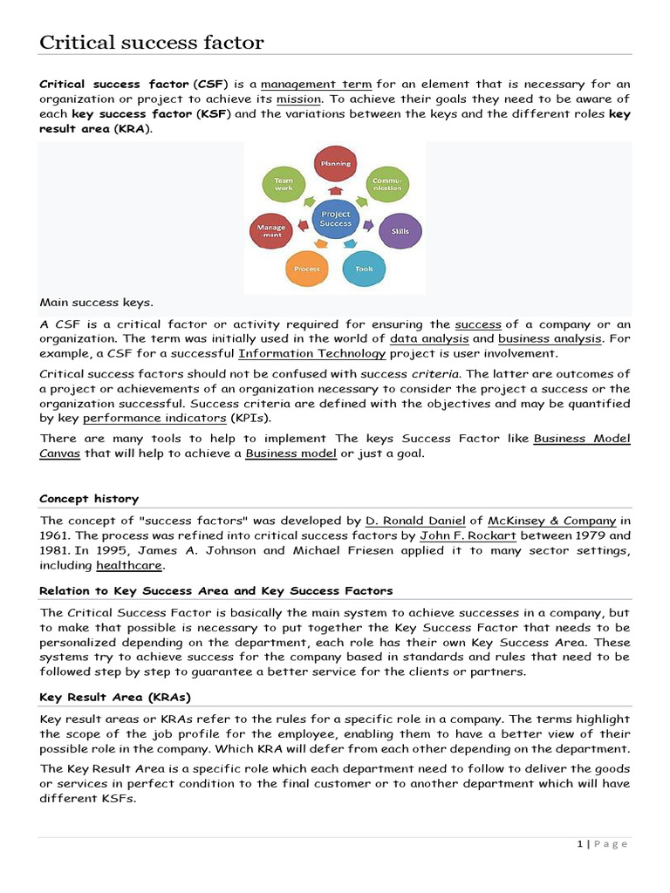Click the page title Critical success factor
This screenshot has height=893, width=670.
pyautogui.click(x=152, y=42)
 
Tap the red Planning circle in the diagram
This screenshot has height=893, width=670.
pyautogui.click(x=335, y=165)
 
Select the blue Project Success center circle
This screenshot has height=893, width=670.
pyautogui.click(x=335, y=218)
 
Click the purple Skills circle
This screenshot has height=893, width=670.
pyautogui.click(x=399, y=231)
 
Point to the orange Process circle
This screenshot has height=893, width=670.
pyautogui.click(x=307, y=269)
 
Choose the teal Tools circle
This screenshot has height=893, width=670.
pyautogui.click(x=364, y=269)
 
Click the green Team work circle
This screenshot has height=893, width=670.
pyautogui.click(x=284, y=184)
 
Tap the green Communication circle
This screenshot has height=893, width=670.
pyautogui.click(x=386, y=184)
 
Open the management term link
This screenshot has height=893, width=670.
pyautogui.click(x=316, y=85)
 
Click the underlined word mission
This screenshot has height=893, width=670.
pyautogui.click(x=298, y=99)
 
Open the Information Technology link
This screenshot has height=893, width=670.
pyautogui.click(x=312, y=353)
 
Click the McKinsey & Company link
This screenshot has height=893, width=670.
pyautogui.click(x=552, y=521)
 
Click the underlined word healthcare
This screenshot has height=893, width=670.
pyautogui.click(x=133, y=565)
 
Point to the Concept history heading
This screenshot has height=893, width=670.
pyautogui.click(x=89, y=499)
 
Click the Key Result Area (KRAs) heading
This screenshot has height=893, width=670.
pyautogui.click(x=115, y=698)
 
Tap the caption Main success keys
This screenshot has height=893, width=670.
pyautogui.click(x=96, y=303)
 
